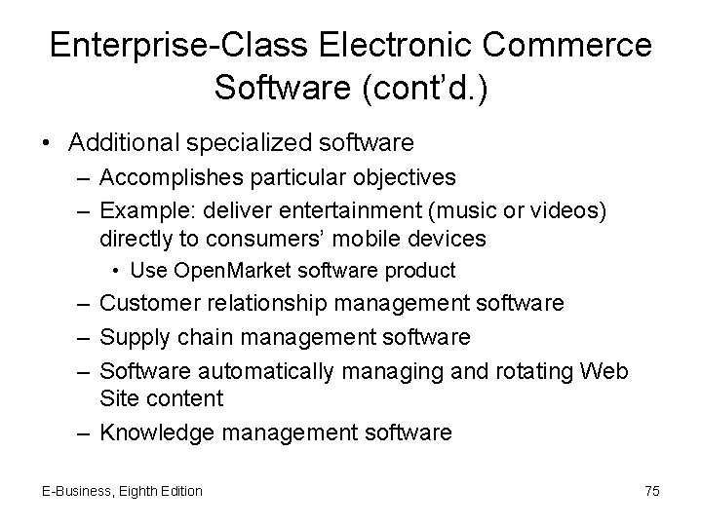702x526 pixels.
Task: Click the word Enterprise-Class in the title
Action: coord(179,46)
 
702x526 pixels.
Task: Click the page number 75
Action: coord(651,491)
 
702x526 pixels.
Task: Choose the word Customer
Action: coord(149,303)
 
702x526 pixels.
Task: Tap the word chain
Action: coord(200,338)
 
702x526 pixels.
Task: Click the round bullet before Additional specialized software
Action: coord(49,143)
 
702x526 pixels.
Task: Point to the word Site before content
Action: coord(119,398)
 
